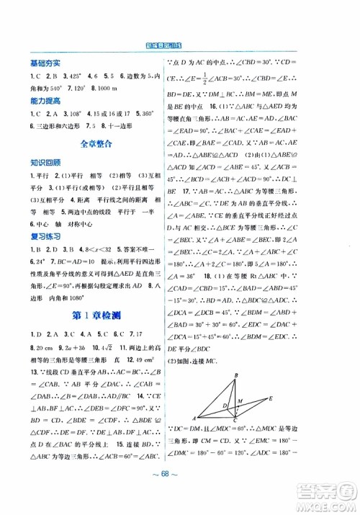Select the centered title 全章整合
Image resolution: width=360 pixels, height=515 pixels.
tap(91, 144)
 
